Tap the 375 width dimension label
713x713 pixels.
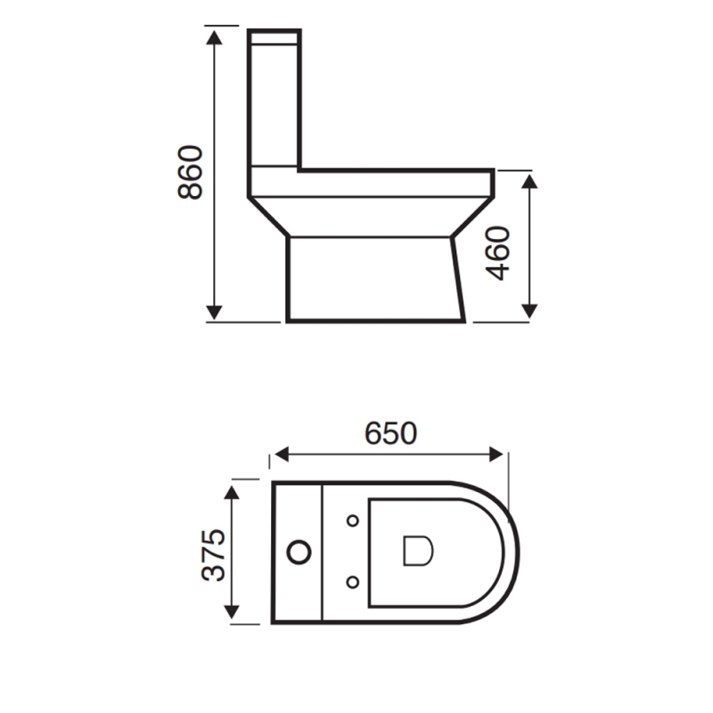tap(214, 554)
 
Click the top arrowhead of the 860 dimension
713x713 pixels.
tap(215, 36)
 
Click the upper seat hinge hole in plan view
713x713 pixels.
tap(353, 520)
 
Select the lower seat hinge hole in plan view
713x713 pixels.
tap(353, 583)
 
